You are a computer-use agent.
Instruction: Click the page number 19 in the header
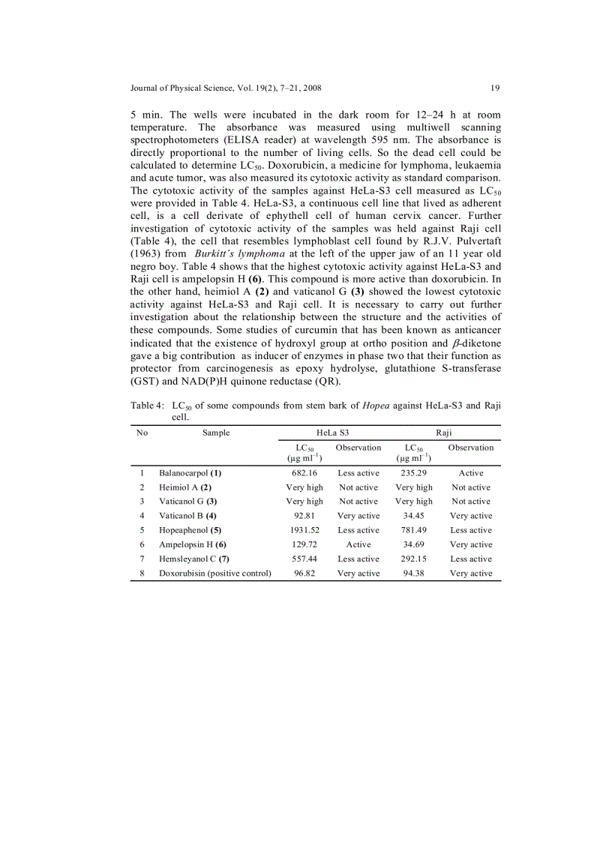(495, 88)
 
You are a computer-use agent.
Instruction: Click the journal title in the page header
(226, 88)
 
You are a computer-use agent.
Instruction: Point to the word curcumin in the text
(307, 330)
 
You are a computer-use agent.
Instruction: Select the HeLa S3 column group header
(332, 433)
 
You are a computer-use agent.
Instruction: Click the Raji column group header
(444, 433)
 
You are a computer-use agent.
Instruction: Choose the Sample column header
(216, 433)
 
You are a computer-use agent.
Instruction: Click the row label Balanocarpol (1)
(190, 473)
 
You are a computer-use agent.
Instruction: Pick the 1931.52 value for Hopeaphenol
(304, 530)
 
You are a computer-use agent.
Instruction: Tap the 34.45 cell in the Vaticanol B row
(414, 516)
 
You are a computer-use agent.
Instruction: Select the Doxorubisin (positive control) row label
(214, 573)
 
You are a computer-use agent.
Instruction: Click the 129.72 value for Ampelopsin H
(304, 544)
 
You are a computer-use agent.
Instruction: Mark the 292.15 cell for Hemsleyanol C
(414, 559)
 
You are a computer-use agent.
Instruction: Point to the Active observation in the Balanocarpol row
(471, 473)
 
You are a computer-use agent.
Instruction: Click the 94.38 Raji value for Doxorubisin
(414, 573)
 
